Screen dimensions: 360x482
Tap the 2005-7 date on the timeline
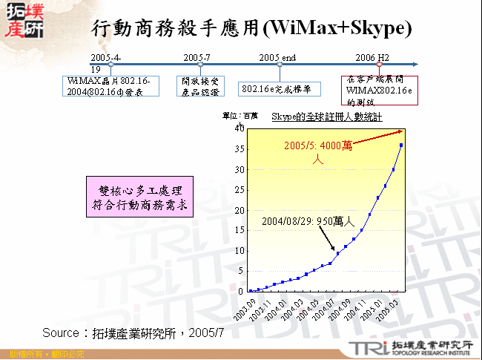coord(197,57)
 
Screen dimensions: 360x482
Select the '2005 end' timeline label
coord(277,57)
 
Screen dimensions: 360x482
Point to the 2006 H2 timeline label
coord(372,57)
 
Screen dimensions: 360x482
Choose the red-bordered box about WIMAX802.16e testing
coord(380,90)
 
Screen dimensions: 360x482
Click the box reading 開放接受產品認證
coord(201,85)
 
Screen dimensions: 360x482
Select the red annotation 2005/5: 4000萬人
coord(314,151)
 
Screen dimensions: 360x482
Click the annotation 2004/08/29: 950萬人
coord(308,221)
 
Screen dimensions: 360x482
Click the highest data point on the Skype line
coord(401,145)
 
